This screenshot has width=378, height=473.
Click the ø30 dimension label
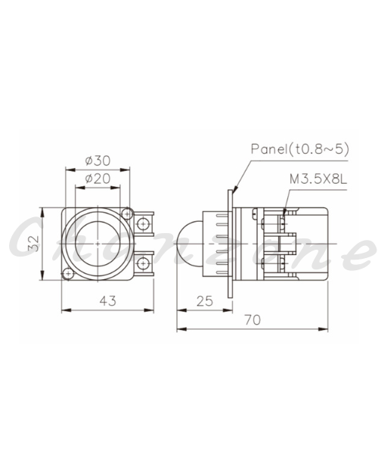click(x=98, y=160)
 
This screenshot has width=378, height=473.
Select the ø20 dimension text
click(x=98, y=179)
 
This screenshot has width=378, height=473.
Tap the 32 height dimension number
click(x=34, y=244)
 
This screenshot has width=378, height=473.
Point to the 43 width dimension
click(x=107, y=300)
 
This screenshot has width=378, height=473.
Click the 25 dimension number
click(x=205, y=300)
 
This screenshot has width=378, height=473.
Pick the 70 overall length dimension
click(x=253, y=320)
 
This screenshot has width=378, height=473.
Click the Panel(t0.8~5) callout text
click(x=300, y=149)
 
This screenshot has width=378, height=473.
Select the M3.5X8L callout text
click(x=318, y=179)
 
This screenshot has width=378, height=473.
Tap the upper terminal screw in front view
click(x=142, y=224)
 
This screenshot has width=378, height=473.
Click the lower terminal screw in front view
click(x=142, y=263)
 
